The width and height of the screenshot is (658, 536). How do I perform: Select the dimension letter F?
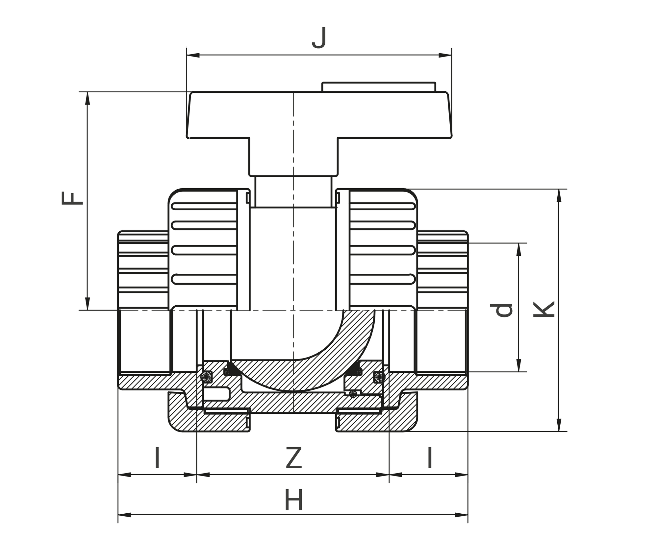point(72,198)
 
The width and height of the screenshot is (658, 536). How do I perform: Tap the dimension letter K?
point(544,309)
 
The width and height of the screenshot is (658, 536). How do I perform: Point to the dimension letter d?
point(502,310)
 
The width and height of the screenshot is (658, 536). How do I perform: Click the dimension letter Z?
point(294,458)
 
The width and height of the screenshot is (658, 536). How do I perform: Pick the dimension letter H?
point(293,500)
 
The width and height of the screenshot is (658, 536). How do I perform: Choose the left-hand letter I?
point(157,457)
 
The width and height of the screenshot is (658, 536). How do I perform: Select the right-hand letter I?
point(430,457)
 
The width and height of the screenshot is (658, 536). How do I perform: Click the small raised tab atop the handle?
point(379,87)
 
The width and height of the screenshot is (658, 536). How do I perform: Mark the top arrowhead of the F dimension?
point(88,98)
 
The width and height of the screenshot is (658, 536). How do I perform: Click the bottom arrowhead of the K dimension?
point(559,425)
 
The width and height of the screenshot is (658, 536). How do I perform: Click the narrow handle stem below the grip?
point(293,192)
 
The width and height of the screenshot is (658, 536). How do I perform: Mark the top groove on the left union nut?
point(204,206)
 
